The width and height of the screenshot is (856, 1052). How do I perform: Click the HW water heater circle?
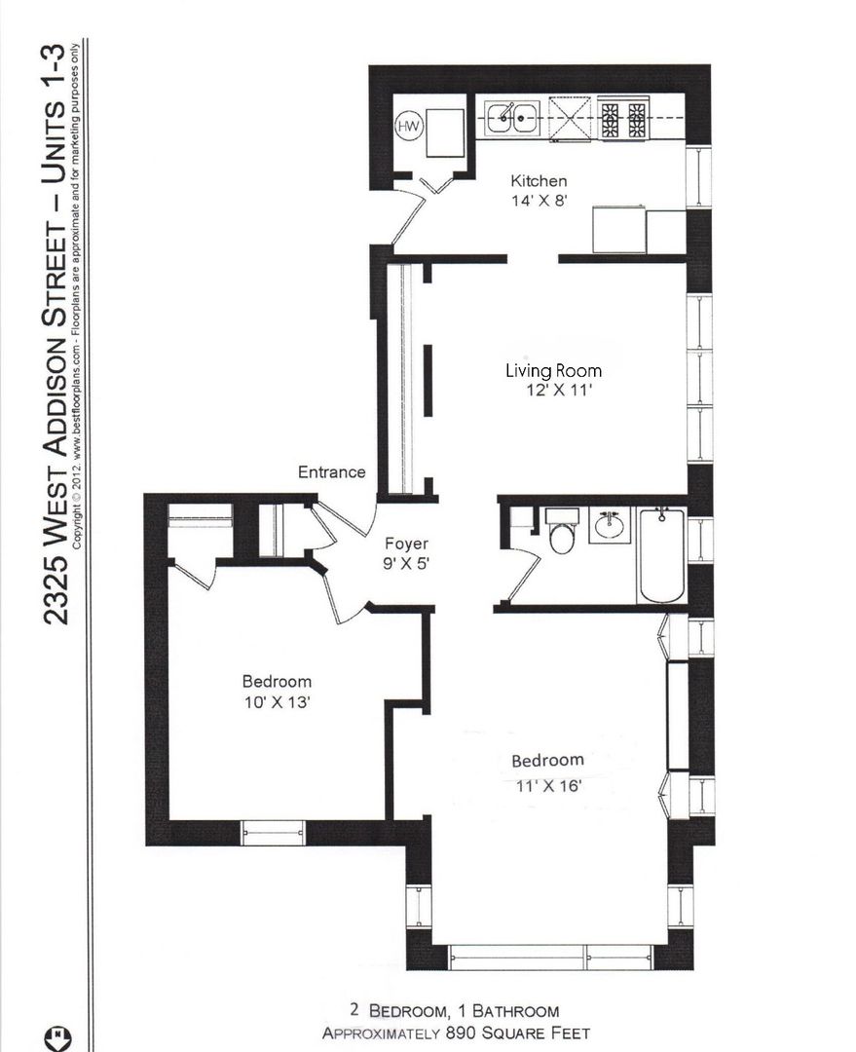point(409,126)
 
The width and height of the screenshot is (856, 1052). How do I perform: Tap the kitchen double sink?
point(512,118)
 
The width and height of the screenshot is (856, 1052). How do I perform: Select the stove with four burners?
point(624,119)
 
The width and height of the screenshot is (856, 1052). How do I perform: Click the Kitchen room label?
point(539,180)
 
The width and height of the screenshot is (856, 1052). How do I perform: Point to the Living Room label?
point(553,370)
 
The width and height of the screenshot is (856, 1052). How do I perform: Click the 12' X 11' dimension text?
point(559,390)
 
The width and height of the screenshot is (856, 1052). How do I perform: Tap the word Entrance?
point(331,471)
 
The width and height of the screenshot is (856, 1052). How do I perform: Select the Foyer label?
point(406,544)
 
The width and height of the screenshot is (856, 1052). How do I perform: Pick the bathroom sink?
point(610,525)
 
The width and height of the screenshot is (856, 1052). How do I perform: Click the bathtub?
point(662,555)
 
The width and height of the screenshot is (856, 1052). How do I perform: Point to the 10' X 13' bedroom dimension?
point(277,702)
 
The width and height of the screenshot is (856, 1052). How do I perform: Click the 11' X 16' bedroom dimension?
point(548,785)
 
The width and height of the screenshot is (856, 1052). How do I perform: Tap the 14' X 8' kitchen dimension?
point(540,200)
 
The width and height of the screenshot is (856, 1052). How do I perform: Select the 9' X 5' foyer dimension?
point(406,564)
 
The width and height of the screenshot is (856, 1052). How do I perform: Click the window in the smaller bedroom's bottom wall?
point(273,833)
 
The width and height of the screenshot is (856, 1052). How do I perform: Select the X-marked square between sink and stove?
point(572,120)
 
